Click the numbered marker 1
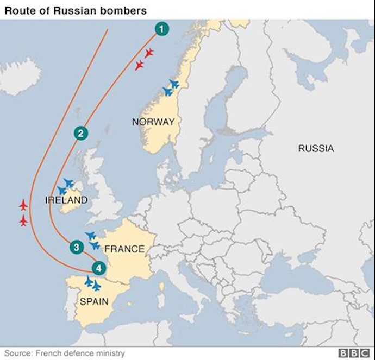(x=161, y=29)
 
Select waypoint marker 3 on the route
(x=76, y=247)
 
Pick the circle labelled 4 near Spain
(x=98, y=267)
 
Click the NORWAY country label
(x=153, y=122)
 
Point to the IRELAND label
(x=66, y=200)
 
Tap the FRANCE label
(x=124, y=249)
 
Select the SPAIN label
(x=95, y=301)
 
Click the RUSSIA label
(x=316, y=148)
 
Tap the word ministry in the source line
(x=110, y=353)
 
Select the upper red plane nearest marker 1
(x=148, y=53)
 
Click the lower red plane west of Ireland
(x=23, y=221)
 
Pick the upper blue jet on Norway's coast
(x=173, y=84)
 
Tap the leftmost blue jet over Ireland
(x=61, y=191)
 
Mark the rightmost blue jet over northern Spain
(x=97, y=285)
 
